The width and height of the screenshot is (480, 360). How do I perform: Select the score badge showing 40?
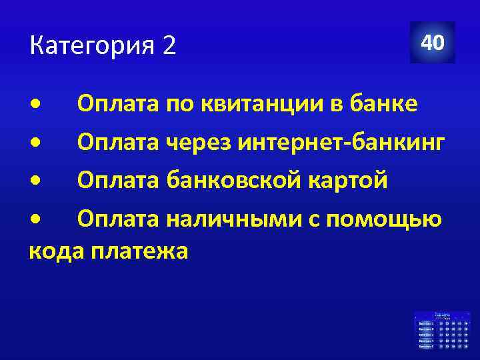pos(432,43)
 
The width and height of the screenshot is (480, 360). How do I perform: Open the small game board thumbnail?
pos(441,330)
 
